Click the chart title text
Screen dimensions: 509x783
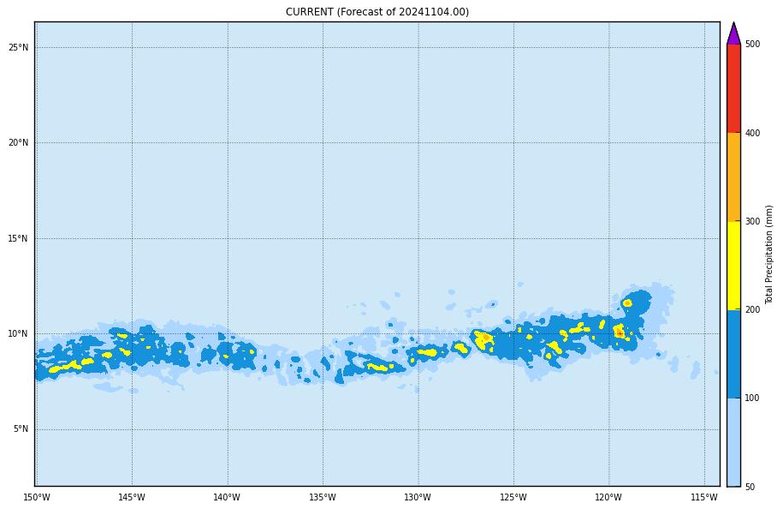click(377, 12)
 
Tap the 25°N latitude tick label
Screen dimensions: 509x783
click(19, 47)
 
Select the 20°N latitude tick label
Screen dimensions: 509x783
click(19, 143)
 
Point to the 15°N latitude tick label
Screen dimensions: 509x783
click(19, 238)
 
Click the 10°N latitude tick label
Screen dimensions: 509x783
click(19, 334)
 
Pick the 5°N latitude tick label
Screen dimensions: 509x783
click(21, 429)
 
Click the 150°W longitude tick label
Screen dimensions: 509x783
click(37, 498)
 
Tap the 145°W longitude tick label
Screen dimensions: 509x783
click(132, 498)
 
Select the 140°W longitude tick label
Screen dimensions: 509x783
click(227, 498)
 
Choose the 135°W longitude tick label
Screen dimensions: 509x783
click(323, 498)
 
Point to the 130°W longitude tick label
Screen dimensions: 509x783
click(418, 498)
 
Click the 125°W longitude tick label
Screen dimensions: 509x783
click(513, 498)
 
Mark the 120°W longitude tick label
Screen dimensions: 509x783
click(608, 498)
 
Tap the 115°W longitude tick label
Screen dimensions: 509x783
click(704, 498)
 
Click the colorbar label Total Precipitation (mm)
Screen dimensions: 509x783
click(769, 254)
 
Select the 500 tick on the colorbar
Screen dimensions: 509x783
click(752, 45)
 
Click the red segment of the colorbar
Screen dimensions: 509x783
click(733, 88)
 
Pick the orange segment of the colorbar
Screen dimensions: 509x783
click(733, 177)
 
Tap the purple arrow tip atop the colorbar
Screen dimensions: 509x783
click(733, 34)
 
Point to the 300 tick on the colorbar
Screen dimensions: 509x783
click(752, 222)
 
